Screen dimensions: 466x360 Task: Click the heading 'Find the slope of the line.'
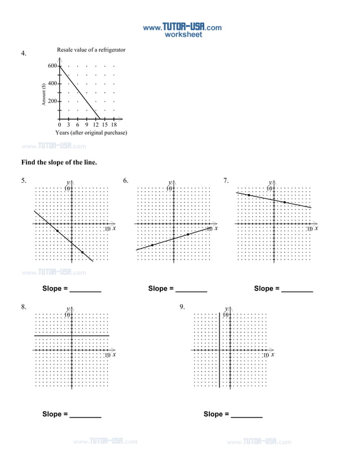[x=59, y=162]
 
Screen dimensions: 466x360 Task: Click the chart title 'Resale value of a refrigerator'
[x=91, y=50]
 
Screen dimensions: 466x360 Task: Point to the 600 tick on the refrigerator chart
[x=52, y=66]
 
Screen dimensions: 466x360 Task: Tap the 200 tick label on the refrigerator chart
[x=52, y=102]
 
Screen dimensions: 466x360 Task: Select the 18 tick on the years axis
[x=113, y=125]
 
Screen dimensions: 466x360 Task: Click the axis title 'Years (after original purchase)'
[x=91, y=133]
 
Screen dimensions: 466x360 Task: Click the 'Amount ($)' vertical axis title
[x=43, y=94]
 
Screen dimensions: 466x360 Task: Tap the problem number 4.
[x=24, y=54]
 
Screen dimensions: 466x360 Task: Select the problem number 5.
[x=24, y=181]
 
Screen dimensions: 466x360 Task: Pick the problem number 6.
[x=126, y=181]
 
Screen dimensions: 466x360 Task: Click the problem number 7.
[x=226, y=181]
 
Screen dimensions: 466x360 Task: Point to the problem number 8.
[x=24, y=307]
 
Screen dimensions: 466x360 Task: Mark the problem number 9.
[x=182, y=307]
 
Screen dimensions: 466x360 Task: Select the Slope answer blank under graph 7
[x=297, y=289]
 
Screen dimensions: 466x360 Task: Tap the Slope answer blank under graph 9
[x=247, y=415]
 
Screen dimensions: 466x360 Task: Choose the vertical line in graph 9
[x=219, y=361]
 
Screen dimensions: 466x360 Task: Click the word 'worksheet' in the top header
[x=182, y=34]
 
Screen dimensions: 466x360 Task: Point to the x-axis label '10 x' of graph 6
[x=212, y=229]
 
